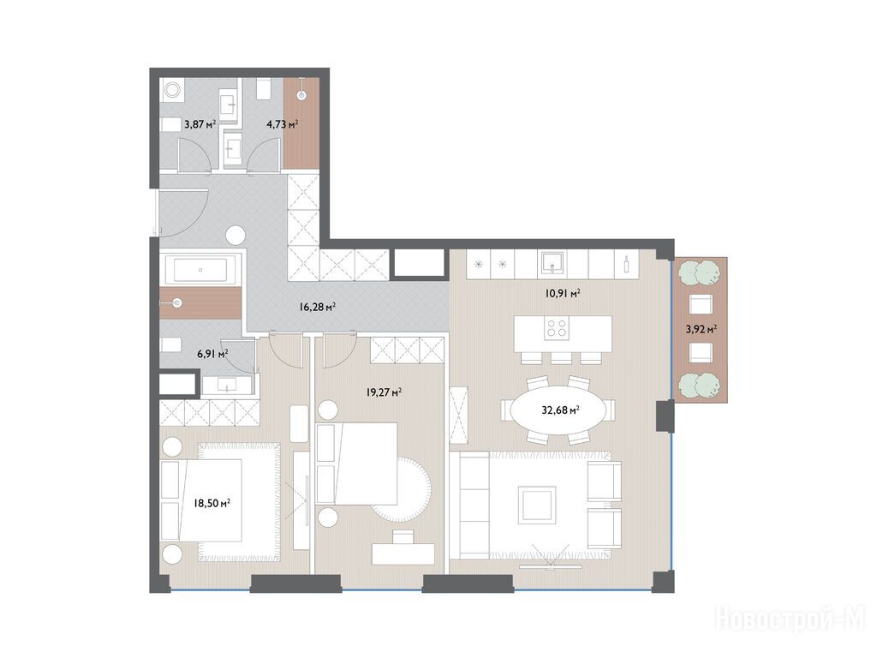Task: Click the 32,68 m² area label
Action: [x=560, y=410]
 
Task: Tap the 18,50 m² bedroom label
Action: [x=212, y=503]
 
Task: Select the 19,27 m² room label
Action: [x=384, y=392]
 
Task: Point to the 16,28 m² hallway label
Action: [x=317, y=307]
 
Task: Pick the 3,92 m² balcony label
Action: [x=701, y=329]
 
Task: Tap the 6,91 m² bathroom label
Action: [x=212, y=354]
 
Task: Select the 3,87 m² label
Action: [x=200, y=124]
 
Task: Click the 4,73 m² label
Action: [x=282, y=124]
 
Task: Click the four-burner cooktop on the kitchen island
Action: [x=557, y=327]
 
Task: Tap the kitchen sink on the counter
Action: [x=552, y=264]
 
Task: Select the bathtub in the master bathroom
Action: [x=200, y=271]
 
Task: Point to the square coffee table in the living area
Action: [x=537, y=505]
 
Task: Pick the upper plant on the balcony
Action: [x=701, y=272]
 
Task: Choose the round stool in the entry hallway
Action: [x=236, y=235]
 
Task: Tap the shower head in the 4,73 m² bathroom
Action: [x=302, y=96]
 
